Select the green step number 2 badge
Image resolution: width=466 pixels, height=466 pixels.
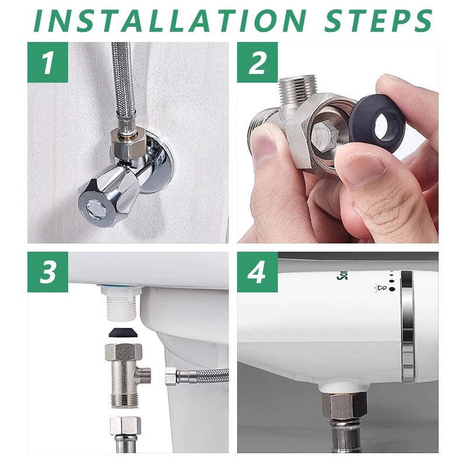[257, 62]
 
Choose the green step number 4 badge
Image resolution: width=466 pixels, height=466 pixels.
[257, 272]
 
